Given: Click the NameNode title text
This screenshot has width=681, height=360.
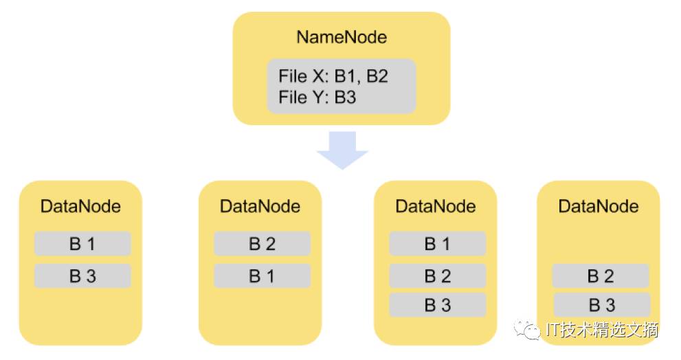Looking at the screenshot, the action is [342, 37].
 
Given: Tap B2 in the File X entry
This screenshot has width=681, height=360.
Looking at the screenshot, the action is [377, 76].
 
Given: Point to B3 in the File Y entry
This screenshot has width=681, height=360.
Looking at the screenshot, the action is [345, 98].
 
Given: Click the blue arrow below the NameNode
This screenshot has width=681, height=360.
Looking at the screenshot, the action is [342, 150].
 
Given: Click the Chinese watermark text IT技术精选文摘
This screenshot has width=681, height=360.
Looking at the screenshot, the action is [602, 330].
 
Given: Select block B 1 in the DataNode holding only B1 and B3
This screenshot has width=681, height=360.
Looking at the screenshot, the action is [82, 244].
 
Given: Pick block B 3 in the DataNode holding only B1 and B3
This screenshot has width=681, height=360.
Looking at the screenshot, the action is [82, 275].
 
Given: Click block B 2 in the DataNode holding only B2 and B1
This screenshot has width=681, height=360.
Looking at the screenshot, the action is [263, 244].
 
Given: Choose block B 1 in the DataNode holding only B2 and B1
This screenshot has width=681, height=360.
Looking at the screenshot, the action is [263, 275].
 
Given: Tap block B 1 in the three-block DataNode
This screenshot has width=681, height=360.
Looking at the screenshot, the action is [437, 244].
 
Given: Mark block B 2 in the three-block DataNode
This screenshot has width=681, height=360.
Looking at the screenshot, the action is [437, 275].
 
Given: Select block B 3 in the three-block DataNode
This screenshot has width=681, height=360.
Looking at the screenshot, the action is [437, 305].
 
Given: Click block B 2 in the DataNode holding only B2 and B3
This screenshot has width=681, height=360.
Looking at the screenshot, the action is [601, 275].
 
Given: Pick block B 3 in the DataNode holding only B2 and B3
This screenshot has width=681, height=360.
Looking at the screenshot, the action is [601, 305].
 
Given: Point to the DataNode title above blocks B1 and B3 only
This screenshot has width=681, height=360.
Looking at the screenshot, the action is [81, 206].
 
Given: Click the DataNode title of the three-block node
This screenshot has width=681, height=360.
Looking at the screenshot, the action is [436, 206].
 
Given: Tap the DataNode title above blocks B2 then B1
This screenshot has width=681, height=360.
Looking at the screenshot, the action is [260, 206].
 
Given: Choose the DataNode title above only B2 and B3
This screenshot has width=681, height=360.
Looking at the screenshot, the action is [599, 206].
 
